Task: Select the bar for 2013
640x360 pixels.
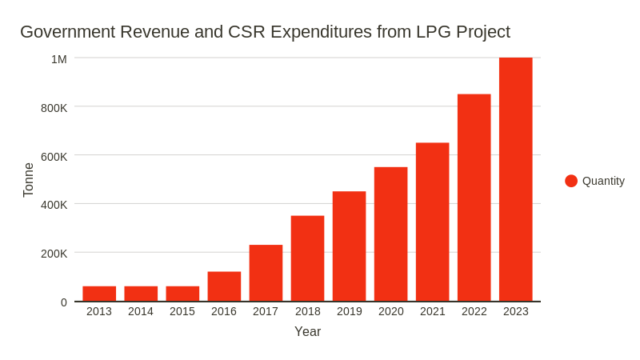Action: [x=99, y=294]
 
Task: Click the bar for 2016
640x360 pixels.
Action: [x=224, y=286]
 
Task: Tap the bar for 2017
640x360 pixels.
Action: [x=266, y=273]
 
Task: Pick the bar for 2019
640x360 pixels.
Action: [x=349, y=246]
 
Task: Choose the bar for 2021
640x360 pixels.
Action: [x=432, y=222]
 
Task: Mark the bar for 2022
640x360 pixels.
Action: [x=474, y=198]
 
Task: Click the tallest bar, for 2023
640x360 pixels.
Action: [x=515, y=179]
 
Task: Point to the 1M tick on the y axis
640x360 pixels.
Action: [x=59, y=58]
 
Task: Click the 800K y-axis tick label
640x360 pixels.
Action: [x=54, y=107]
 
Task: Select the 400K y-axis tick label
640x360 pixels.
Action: [x=54, y=205]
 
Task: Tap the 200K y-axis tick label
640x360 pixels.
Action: [x=54, y=254]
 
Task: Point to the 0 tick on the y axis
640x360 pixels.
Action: [x=64, y=302]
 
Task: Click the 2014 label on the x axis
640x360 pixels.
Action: [x=141, y=311]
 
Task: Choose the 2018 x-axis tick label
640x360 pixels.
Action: [x=307, y=311]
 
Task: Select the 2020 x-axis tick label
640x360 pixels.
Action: [x=390, y=311]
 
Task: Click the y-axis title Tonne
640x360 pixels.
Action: [x=29, y=180]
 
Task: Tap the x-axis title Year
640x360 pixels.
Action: [x=307, y=331]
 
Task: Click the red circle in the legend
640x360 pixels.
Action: [x=571, y=181]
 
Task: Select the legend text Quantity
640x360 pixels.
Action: [x=603, y=181]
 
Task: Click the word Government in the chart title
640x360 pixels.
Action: [x=66, y=32]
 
